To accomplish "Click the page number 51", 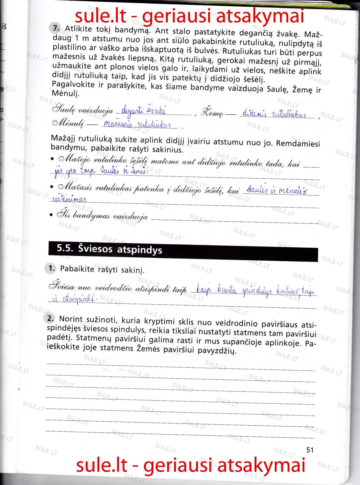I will (310, 450).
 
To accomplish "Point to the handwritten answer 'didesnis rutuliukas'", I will (275, 115).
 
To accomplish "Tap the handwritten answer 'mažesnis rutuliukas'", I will (137, 125).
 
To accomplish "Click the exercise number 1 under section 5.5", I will (52, 268).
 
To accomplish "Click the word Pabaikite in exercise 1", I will (77, 269).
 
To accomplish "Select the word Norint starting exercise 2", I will (71, 319).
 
